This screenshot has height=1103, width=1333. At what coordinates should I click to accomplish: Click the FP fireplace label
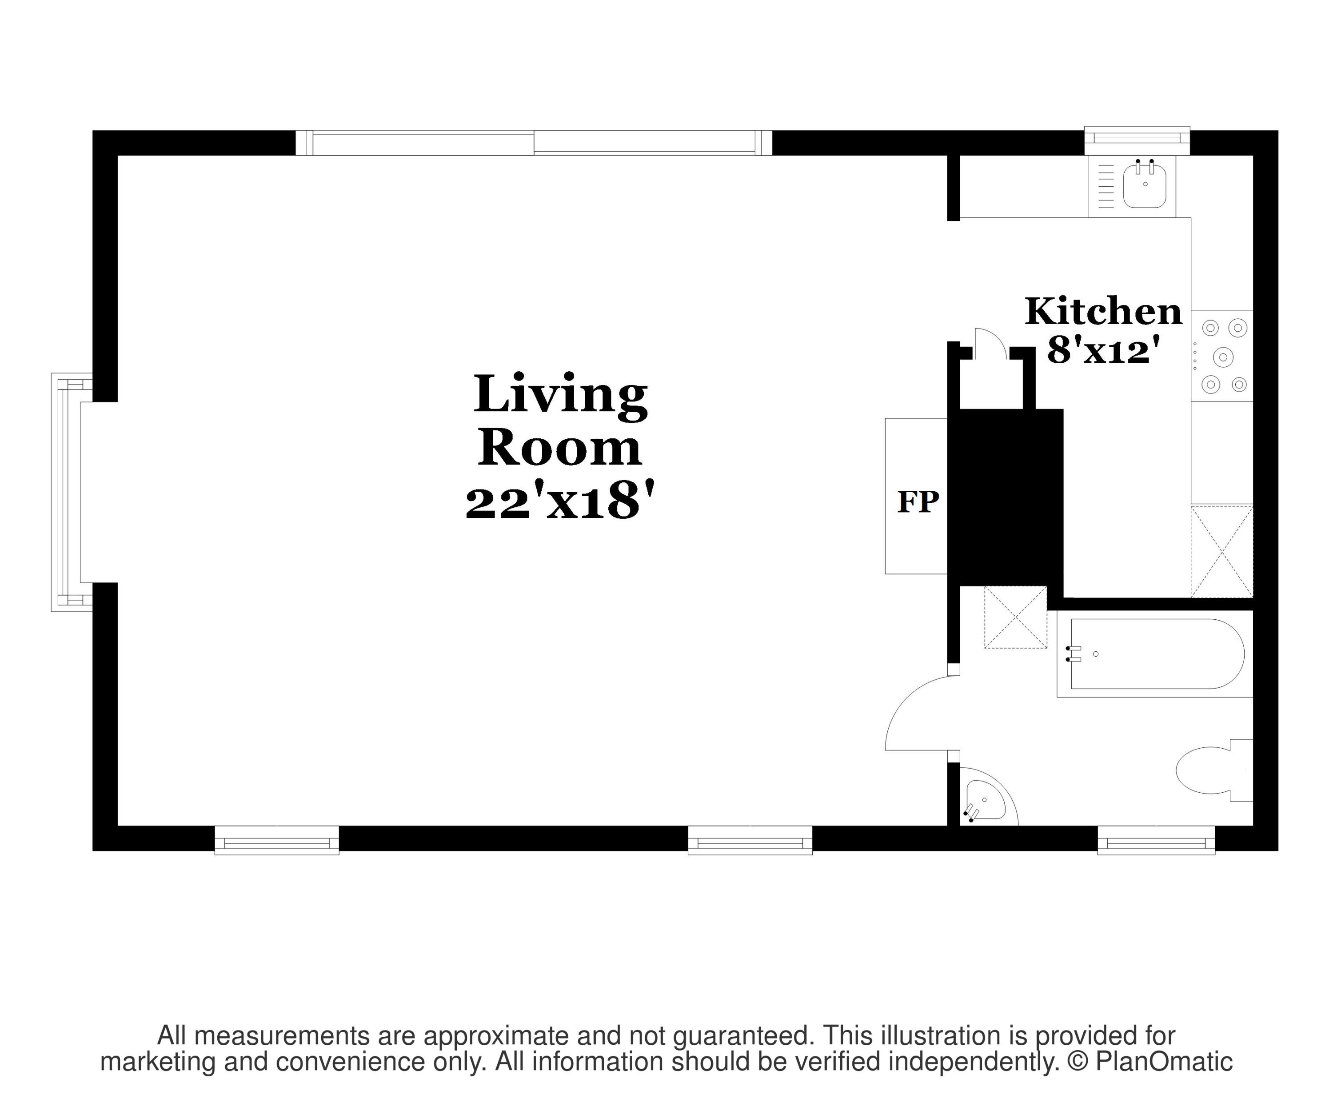pos(918,501)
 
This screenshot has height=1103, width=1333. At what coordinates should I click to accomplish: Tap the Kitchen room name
pos(1103,311)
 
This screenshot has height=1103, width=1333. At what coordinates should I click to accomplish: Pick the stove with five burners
pos(1222,356)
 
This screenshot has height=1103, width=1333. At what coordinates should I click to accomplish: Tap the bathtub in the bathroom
pos(1155,654)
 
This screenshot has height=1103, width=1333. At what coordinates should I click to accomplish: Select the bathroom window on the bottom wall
pos(1156,840)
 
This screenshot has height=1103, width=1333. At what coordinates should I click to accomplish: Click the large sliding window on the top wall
pos(534,143)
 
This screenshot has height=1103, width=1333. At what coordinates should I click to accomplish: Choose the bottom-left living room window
pos(277,840)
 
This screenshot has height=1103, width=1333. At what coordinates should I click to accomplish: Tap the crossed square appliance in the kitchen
pos(1222,551)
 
